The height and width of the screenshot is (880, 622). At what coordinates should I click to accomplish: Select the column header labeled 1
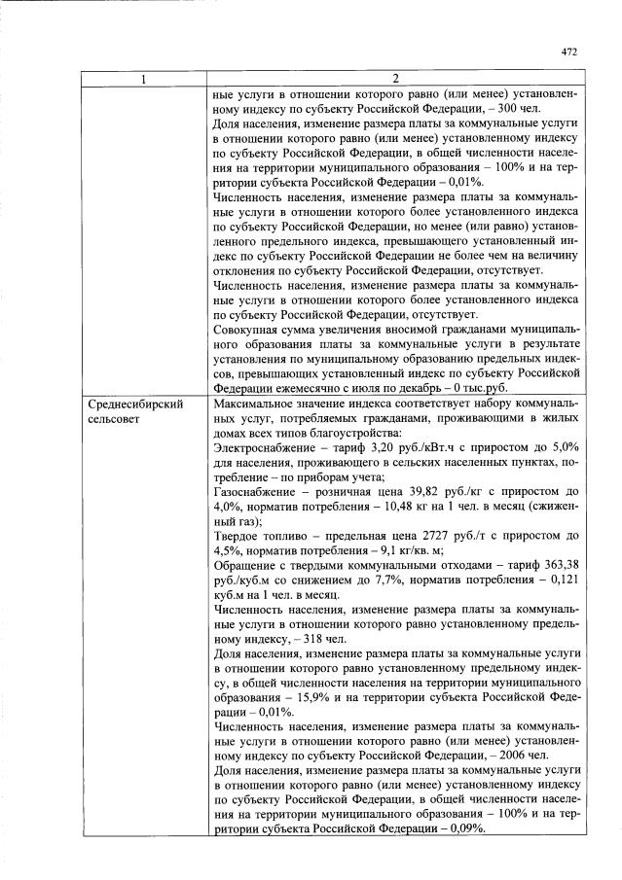144,78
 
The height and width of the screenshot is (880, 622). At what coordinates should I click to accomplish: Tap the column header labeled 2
395,78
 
